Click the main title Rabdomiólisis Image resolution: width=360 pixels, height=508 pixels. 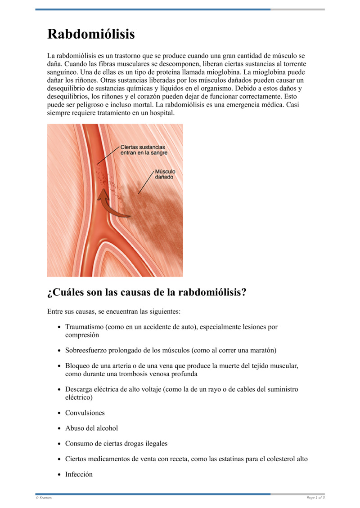point(91,34)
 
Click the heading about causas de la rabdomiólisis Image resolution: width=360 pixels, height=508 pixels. point(147,292)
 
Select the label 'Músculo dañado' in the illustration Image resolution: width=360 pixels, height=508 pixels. point(165,174)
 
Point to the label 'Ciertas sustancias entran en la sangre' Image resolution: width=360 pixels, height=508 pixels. point(143,150)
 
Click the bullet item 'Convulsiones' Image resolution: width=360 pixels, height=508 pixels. point(85,413)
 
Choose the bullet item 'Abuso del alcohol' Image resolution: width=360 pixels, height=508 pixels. point(91,428)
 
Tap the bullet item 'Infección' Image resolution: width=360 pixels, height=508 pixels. point(79,474)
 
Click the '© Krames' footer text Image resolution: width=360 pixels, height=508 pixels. point(44,498)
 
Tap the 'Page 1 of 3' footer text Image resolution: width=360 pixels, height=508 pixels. point(315,498)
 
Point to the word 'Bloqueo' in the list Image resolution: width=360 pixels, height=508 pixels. point(78,365)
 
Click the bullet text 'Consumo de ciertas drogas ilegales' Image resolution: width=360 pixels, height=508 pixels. point(116,443)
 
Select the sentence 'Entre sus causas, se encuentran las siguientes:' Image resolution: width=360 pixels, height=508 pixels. point(114,311)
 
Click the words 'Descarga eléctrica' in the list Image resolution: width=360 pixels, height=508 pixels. point(92,389)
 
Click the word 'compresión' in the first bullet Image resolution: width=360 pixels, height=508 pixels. point(82,335)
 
